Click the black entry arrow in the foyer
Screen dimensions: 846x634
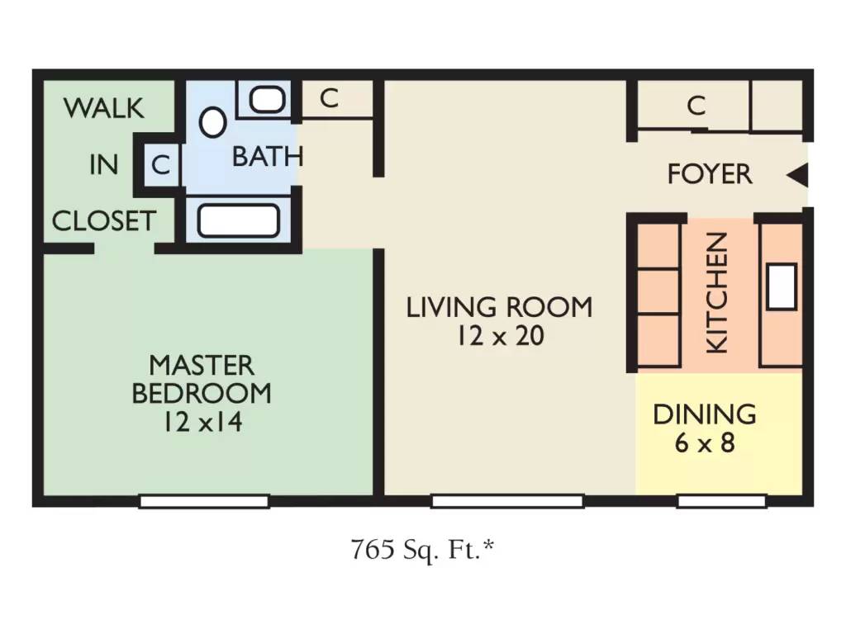(799, 175)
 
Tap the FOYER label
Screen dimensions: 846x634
(710, 174)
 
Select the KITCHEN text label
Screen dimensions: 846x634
(718, 293)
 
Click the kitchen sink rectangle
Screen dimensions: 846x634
(782, 286)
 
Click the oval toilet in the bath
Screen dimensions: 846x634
(212, 122)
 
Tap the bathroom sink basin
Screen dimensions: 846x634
(268, 100)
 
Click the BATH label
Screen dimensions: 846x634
(268, 157)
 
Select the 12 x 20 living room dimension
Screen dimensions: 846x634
(501, 336)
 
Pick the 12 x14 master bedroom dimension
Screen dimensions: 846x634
(203, 422)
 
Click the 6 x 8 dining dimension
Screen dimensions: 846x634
(705, 443)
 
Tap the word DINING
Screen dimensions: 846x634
(705, 414)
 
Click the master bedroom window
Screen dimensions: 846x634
(205, 501)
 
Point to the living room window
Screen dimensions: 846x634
(508, 501)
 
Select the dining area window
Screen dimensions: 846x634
(722, 501)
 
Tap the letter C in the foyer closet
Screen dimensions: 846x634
(696, 106)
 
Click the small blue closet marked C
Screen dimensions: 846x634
(161, 164)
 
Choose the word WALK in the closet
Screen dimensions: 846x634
(104, 108)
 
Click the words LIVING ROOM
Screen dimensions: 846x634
(499, 307)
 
